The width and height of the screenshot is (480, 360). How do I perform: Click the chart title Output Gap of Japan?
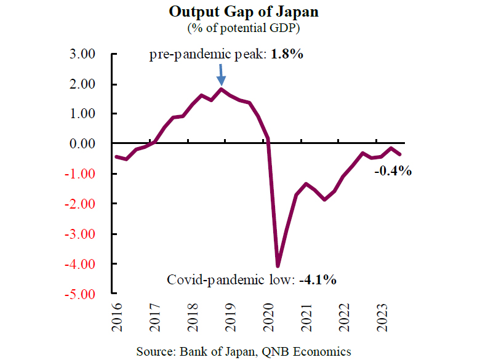[x=239, y=12]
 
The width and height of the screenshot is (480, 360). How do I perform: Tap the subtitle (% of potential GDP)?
[x=239, y=28]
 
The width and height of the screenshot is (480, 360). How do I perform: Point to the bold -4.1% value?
[x=318, y=280]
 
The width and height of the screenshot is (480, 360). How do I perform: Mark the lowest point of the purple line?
[x=278, y=265]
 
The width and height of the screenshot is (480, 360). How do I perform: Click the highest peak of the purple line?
[x=222, y=89]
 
